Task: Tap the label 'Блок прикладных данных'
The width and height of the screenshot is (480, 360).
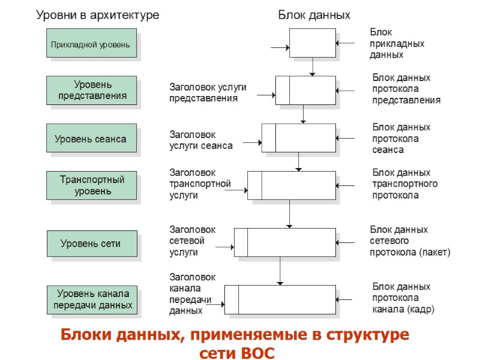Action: (x=397, y=43)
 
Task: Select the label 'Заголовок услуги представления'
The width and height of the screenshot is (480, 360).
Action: (x=208, y=92)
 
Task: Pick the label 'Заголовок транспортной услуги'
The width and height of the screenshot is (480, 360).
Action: (x=200, y=184)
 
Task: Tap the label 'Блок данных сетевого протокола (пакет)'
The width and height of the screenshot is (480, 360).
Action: (x=409, y=241)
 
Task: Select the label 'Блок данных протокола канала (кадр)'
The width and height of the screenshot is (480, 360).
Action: (x=403, y=298)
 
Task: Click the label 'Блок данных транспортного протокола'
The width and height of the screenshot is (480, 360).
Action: (x=404, y=184)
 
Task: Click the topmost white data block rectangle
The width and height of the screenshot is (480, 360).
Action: (x=313, y=43)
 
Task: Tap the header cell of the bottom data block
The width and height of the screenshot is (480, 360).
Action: (x=232, y=299)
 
